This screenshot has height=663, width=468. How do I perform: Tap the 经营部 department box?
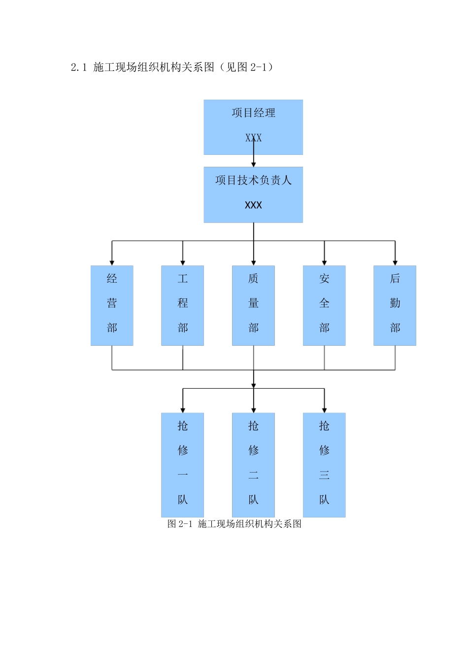[112, 305]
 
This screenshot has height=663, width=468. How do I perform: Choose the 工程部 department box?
[182, 305]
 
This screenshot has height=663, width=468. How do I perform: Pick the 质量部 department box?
[253, 305]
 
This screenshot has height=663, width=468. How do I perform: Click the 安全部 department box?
[324, 305]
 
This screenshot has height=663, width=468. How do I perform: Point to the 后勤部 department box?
[395, 305]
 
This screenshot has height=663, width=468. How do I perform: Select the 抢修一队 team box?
[182, 465]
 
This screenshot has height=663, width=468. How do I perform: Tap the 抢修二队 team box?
[253, 465]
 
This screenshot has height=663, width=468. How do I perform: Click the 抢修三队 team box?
[324, 465]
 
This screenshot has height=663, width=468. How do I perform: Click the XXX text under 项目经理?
[253, 138]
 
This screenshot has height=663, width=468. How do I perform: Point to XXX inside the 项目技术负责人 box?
[253, 205]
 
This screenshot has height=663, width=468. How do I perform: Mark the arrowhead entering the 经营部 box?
[112, 263]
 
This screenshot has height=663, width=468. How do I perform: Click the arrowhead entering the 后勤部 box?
[395, 263]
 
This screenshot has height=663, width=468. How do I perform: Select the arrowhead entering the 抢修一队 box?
[183, 410]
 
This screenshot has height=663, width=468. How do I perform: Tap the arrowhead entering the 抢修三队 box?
[324, 410]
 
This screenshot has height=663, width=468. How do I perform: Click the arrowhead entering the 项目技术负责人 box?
[254, 164]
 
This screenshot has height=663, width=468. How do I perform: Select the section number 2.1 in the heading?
[79, 68]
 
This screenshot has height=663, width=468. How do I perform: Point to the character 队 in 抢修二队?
[253, 500]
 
